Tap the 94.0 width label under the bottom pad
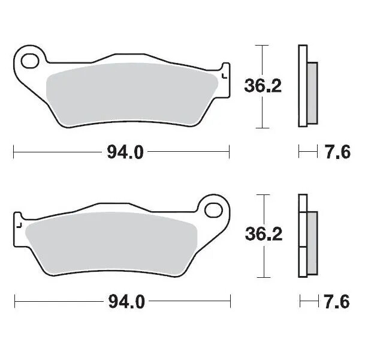tap(126, 301)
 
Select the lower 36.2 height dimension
tap(263, 235)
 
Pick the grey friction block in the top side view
tap(312, 93)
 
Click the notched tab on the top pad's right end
tap(225, 75)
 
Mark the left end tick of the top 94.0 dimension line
tap(14, 152)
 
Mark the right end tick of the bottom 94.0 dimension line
tap(230, 301)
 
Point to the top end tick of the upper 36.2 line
tap(260, 45)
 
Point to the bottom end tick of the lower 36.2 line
tap(260, 277)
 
